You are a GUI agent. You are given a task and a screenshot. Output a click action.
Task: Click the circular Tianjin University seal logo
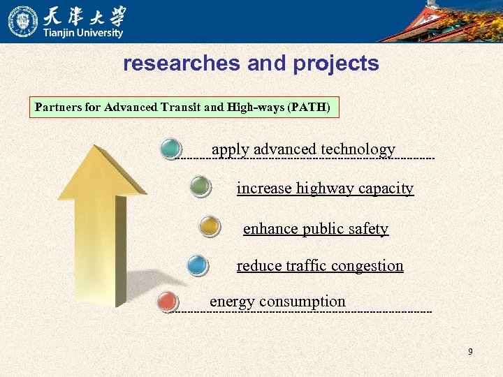[x=22, y=21]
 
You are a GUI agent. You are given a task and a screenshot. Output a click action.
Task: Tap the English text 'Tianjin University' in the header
[x=84, y=33]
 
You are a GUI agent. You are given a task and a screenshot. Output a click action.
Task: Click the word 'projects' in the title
[x=336, y=64]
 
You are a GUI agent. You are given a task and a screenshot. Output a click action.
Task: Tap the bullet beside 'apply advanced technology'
[x=170, y=149]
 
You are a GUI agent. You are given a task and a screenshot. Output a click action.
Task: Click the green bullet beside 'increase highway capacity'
[x=200, y=186]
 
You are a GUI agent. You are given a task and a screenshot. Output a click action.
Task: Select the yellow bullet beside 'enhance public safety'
[x=209, y=226]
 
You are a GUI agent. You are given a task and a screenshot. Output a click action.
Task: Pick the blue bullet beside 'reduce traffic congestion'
[x=198, y=265]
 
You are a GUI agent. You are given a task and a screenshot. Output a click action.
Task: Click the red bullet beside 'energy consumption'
[x=168, y=302]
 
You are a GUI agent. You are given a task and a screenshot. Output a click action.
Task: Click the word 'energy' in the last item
[x=232, y=302]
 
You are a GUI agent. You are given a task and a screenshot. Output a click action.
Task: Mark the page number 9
[x=470, y=352]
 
